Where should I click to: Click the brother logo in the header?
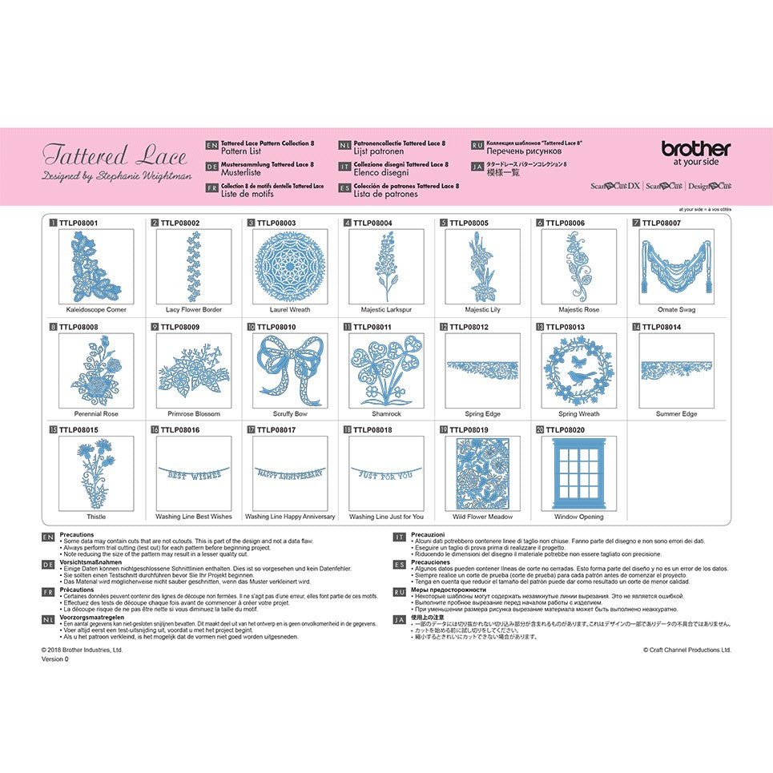[695, 149]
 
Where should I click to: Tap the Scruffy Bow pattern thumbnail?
[289, 371]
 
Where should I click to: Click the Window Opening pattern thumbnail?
[578, 473]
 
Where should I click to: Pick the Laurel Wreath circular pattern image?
[289, 267]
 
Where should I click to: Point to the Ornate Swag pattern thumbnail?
[675, 267]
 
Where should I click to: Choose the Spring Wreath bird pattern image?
[578, 371]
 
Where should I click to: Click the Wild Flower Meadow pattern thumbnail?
[482, 473]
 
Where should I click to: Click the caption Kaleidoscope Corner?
[96, 309]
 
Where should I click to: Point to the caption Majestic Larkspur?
[385, 309]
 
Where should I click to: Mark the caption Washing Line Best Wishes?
[193, 517]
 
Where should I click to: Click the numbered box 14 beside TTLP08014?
[636, 327]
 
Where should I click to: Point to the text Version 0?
[55, 659]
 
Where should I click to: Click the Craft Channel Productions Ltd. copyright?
[686, 650]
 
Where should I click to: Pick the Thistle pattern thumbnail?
[96, 473]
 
